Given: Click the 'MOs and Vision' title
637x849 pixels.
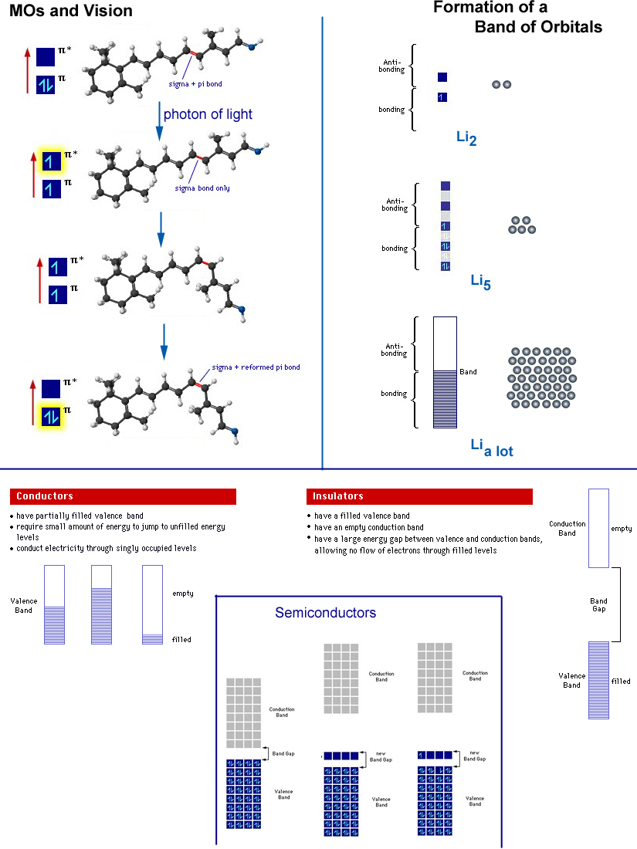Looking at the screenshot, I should point(71,11).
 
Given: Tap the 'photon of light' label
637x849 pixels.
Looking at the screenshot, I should point(208,114).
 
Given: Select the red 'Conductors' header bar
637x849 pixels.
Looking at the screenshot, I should point(123,496).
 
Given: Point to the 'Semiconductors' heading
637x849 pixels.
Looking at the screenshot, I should point(325,613).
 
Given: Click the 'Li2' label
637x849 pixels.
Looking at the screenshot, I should point(467,138).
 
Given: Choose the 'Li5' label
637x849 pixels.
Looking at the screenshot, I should point(481,282).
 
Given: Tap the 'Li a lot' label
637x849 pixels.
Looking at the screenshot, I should point(492,447).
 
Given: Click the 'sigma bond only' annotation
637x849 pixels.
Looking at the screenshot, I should point(202,188).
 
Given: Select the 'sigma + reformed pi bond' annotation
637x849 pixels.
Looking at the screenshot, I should point(256,367).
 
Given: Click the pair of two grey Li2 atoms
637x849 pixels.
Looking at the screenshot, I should point(502,85).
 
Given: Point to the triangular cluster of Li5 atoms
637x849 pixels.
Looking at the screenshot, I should point(523,225).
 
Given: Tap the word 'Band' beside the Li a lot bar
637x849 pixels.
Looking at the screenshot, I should point(468,372).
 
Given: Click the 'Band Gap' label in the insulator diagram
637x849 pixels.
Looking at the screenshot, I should point(598,604).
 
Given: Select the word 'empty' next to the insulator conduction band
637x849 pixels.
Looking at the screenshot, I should point(621,529).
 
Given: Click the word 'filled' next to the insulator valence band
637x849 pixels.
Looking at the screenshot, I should point(621,682).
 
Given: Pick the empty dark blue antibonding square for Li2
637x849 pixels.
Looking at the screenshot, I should point(442,77).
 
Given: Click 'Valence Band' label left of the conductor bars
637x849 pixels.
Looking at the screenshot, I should point(24,605).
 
